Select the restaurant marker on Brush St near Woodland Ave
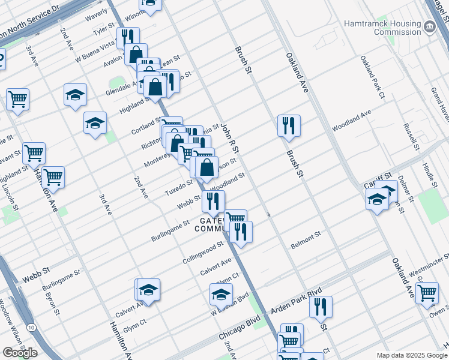click(289, 126)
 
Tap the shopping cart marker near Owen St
click(427, 293)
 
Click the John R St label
click(229, 138)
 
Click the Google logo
click(20, 353)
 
